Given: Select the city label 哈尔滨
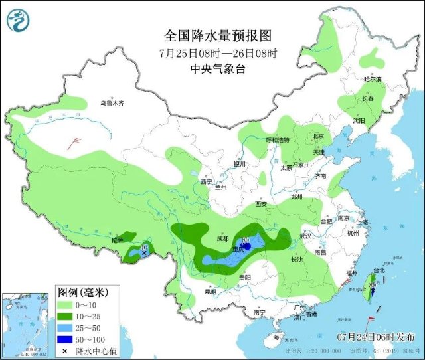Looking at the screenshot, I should coord(373,79).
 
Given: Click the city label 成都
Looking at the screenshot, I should coord(222,238).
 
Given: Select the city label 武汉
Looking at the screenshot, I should coord(305,236).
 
